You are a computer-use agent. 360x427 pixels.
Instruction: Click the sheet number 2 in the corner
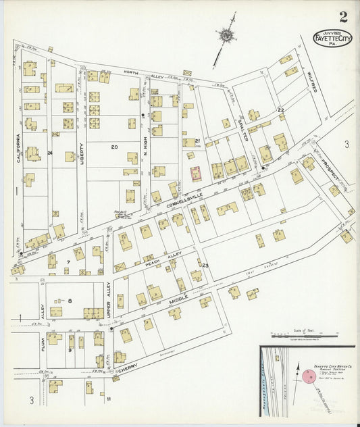click(x=344, y=16)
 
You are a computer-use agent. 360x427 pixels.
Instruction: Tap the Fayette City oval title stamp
click(x=332, y=39)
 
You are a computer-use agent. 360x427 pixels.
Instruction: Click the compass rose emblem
click(x=225, y=35)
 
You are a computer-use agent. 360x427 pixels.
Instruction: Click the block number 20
click(x=115, y=147)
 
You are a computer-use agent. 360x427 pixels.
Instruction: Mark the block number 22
click(x=280, y=109)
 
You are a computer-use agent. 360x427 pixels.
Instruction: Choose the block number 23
click(x=205, y=266)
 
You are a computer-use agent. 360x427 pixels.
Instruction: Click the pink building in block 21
click(x=197, y=174)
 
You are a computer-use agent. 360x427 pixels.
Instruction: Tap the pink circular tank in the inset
click(x=309, y=376)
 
